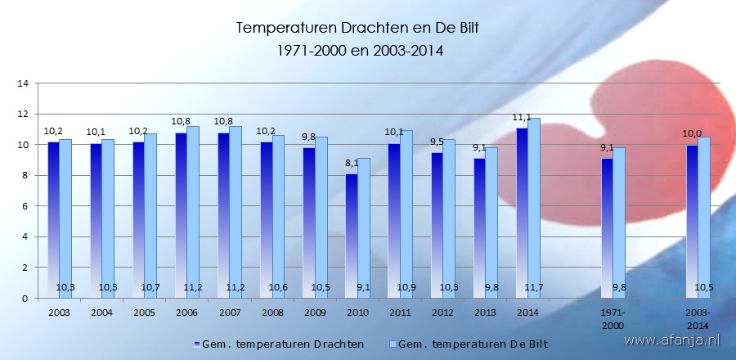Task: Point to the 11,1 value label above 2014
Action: pyautogui.click(x=522, y=119)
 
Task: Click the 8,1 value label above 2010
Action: pyautogui.click(x=351, y=164)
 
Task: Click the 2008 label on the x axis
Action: pyautogui.click(x=272, y=313)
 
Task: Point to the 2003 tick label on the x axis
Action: pyautogui.click(x=60, y=313)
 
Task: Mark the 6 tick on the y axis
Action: pyautogui.click(x=25, y=206)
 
